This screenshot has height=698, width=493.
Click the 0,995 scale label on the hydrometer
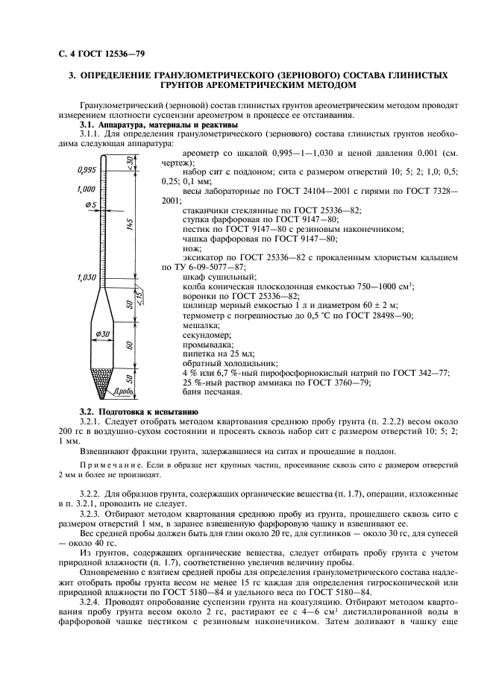click(x=88, y=169)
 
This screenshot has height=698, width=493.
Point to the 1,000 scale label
click(x=88, y=189)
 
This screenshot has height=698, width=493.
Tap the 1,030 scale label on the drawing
click(x=88, y=278)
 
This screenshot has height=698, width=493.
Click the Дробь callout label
click(x=124, y=391)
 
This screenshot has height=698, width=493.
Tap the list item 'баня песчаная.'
click(x=213, y=391)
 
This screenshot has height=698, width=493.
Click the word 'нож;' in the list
click(x=192, y=248)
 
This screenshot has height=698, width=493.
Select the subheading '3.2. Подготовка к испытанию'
click(x=138, y=412)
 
